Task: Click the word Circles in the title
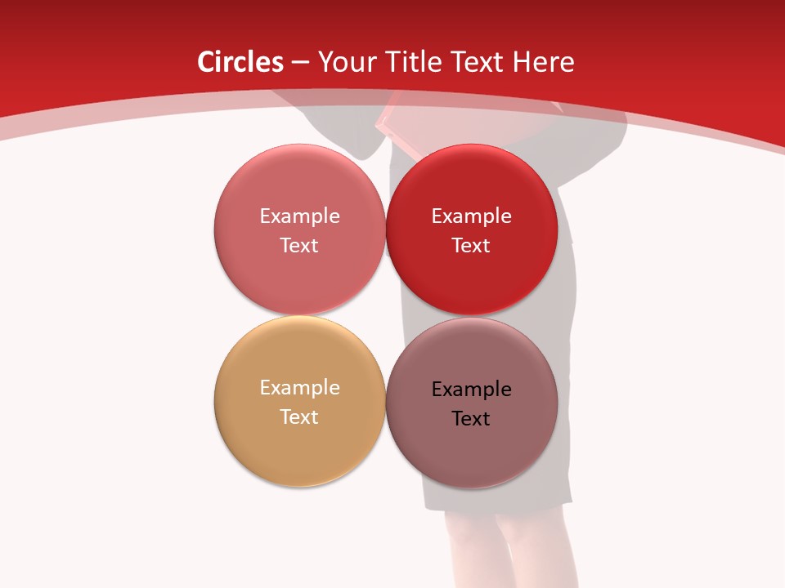[x=240, y=62]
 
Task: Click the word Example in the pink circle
[x=299, y=216]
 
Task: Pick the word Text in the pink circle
[x=299, y=246]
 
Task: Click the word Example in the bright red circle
[x=471, y=216]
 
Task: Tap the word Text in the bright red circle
[x=471, y=246]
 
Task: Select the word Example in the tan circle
[x=299, y=388]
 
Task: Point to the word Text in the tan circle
[x=299, y=417]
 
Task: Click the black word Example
[x=471, y=390]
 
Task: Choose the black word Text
[x=471, y=419]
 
